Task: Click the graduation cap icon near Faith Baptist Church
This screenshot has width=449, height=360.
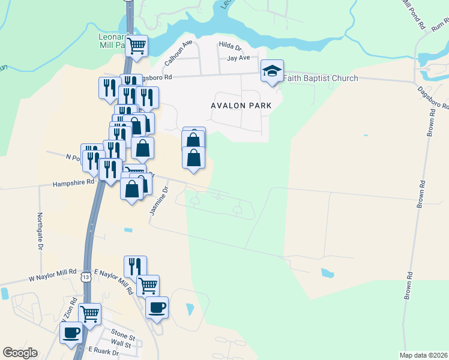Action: (272, 71)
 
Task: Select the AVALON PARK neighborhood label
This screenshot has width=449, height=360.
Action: (241, 106)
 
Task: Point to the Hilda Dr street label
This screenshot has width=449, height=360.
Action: (229, 46)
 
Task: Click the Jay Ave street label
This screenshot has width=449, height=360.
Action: (238, 58)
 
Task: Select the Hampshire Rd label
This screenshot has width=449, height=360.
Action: (74, 182)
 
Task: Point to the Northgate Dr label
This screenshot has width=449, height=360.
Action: (41, 230)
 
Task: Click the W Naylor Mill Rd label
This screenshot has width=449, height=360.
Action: (53, 275)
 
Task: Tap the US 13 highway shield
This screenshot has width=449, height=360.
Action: (88, 277)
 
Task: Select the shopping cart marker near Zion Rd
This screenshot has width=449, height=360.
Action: (89, 313)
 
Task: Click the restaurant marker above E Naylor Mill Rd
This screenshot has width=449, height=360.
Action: (136, 266)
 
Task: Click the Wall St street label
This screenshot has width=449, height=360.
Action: (121, 343)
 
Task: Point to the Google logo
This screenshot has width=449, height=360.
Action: (20, 352)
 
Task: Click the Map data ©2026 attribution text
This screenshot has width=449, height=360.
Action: (423, 355)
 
